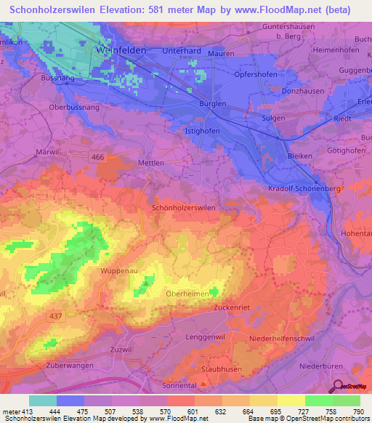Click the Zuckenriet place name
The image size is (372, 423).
click(232, 308)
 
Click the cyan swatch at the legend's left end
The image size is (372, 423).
click(42, 400)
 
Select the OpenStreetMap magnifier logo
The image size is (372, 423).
click(338, 387)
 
